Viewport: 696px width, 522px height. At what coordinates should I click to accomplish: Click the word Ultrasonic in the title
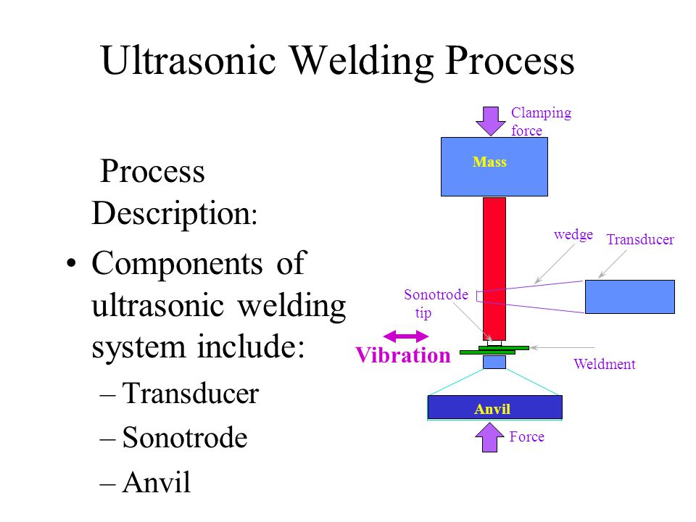pos(188,61)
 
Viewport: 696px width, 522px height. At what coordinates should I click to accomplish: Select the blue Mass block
pos(494,167)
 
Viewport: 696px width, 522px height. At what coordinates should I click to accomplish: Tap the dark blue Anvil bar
pos(495,407)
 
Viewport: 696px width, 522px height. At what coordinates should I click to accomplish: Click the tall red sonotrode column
pos(494,268)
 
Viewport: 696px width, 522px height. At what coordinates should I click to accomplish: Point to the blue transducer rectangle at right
pos(630,297)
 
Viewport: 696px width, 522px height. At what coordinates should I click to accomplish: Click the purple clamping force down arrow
pos(491,121)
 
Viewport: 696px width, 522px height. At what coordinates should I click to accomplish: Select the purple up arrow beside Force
pos(489,437)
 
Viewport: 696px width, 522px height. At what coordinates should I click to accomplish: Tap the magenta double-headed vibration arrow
pos(406,336)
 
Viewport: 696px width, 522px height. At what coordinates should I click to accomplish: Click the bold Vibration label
pos(403,355)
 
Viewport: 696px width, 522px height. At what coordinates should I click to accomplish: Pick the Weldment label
pos(604,365)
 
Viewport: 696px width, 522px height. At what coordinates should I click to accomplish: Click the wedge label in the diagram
pos(573,234)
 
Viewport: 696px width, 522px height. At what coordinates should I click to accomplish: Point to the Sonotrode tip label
pos(436,304)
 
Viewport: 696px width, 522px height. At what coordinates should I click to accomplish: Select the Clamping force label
pos(541,122)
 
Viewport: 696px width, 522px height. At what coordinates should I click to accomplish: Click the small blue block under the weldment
pos(494,362)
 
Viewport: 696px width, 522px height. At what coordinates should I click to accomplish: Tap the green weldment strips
pos(494,350)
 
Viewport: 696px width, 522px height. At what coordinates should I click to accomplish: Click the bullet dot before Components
pos(71,263)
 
